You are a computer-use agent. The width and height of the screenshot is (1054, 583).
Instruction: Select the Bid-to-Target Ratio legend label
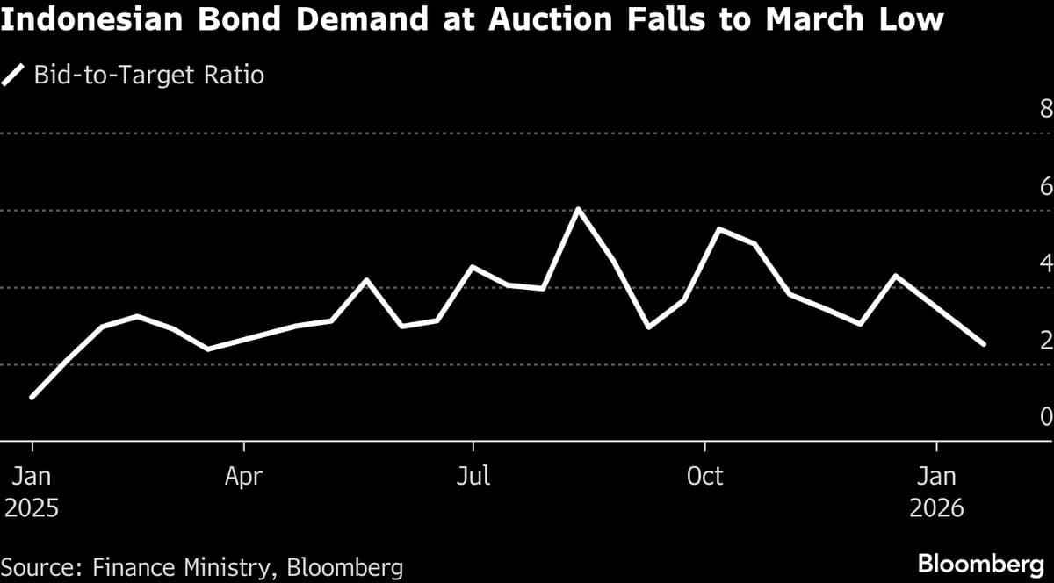(x=148, y=75)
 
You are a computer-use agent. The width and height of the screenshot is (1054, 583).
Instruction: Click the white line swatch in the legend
(x=14, y=75)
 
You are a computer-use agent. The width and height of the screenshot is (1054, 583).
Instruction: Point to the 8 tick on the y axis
(x=1045, y=110)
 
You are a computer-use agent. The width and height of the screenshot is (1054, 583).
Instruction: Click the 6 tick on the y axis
(x=1045, y=186)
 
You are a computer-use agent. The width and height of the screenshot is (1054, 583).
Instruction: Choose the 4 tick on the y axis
(x=1045, y=263)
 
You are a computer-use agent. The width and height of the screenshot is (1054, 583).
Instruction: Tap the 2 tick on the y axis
(x=1045, y=340)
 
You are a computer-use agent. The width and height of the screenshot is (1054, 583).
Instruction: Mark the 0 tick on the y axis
(x=1045, y=416)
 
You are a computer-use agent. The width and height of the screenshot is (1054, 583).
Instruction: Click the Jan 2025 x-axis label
(x=32, y=492)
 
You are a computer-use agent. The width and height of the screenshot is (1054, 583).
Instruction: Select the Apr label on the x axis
(x=243, y=477)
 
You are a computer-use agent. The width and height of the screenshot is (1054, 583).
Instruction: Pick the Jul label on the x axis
(x=473, y=477)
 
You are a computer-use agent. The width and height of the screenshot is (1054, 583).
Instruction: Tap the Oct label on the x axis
(x=704, y=477)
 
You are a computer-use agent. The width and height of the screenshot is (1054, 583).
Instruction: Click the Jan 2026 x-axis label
(x=936, y=492)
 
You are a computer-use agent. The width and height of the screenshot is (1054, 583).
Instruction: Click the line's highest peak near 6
(x=577, y=209)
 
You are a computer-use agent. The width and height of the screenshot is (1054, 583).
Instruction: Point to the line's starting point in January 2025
(x=32, y=398)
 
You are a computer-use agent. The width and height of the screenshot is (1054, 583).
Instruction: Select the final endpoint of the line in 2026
(x=984, y=344)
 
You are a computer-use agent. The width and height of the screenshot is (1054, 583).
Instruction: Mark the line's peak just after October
(x=719, y=229)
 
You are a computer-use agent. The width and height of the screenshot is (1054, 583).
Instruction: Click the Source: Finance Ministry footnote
(x=202, y=565)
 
